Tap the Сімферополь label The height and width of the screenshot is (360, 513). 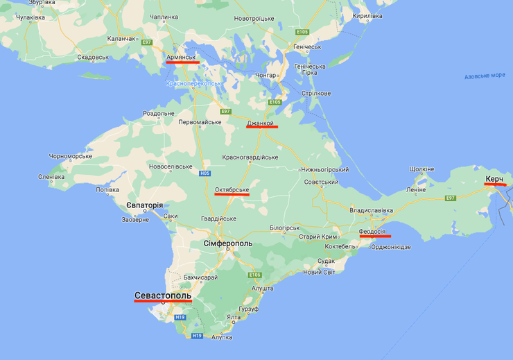227,243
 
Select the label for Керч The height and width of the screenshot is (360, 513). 494,180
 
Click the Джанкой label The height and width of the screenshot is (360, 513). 261,123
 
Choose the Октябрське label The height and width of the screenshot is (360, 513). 232,189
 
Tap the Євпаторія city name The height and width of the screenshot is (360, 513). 145,205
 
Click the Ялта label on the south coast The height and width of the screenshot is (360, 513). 234,318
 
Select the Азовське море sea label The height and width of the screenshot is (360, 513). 485,76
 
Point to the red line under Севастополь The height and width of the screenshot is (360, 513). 163,301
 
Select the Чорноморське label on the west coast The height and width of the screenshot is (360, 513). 70,156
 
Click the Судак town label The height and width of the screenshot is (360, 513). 326,261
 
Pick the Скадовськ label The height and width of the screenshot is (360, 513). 93,58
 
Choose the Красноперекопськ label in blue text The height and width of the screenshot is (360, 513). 194,83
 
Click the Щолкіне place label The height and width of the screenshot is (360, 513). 421,169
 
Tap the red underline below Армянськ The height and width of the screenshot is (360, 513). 182,62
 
